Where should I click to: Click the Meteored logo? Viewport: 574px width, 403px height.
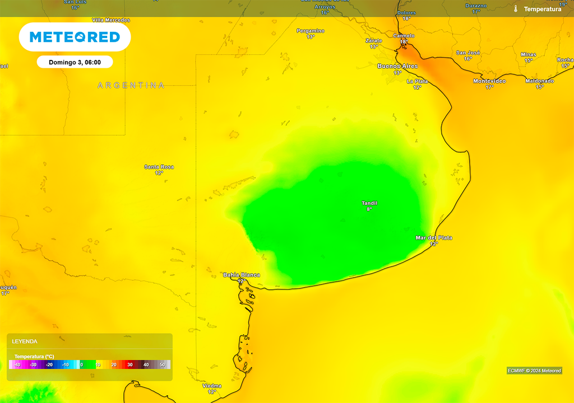[x=75, y=38]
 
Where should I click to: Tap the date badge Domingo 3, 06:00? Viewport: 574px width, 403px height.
[x=75, y=62]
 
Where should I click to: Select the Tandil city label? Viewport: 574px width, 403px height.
[x=369, y=203]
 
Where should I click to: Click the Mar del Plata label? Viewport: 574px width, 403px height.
[x=433, y=238]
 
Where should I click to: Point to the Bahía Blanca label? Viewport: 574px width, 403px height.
[x=242, y=275]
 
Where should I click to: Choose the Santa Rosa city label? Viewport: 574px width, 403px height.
[x=159, y=167]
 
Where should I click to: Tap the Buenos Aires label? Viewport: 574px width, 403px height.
[x=397, y=66]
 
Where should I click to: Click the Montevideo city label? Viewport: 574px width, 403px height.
[x=489, y=81]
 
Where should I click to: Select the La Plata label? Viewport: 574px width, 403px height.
[x=417, y=81]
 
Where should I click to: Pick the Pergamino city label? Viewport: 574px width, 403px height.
[x=311, y=31]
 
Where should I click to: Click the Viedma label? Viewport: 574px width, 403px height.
[x=212, y=386]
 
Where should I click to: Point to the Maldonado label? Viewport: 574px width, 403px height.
[x=539, y=81]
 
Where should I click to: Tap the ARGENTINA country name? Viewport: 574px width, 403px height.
[x=131, y=86]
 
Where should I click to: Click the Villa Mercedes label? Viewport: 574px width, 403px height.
[x=111, y=20]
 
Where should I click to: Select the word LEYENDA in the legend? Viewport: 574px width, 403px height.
[x=25, y=341]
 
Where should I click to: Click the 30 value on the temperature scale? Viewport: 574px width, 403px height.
[x=129, y=365]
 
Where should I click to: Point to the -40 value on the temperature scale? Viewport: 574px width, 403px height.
[x=18, y=365]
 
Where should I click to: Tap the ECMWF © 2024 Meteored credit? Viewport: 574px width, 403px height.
[x=534, y=371]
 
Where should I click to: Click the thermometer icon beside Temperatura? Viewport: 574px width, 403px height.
[x=516, y=9]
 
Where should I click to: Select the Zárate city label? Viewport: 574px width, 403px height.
[x=374, y=41]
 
